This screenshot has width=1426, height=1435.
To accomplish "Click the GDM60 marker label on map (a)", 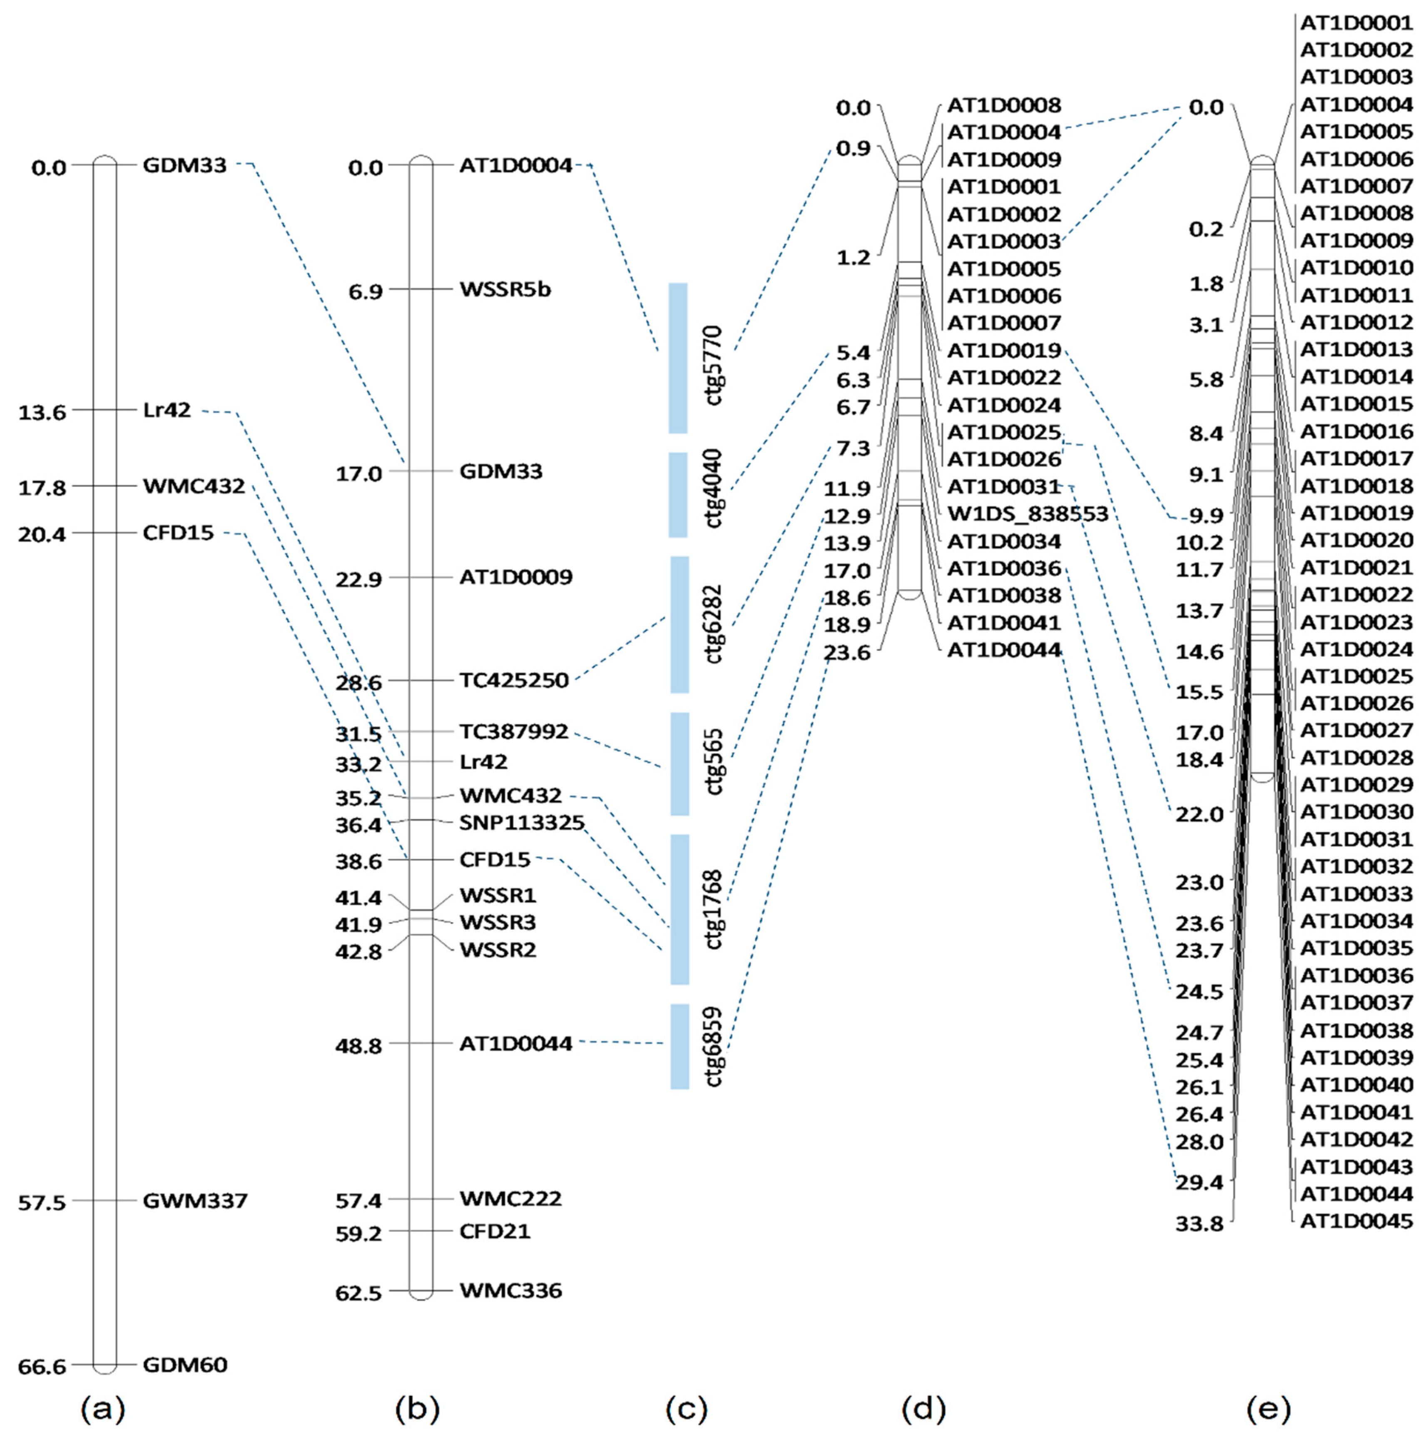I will [185, 1365].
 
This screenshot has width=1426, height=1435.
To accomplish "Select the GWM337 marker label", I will [194, 1200].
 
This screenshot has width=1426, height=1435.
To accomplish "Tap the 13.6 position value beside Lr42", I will [42, 411].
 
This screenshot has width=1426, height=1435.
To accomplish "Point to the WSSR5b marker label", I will [505, 289].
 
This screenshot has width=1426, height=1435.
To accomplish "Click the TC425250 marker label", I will [514, 680].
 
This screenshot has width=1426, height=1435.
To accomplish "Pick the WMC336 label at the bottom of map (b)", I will [510, 1290].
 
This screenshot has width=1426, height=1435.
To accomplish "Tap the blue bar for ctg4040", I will [677, 495].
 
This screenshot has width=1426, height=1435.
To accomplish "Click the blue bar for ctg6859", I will [679, 1047].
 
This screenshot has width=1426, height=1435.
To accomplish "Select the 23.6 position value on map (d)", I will [847, 652].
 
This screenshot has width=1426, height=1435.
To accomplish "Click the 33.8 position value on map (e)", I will [1199, 1224].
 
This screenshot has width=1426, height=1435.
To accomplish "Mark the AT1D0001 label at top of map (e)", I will [1356, 23].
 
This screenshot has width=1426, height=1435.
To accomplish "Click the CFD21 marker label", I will [495, 1231].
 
